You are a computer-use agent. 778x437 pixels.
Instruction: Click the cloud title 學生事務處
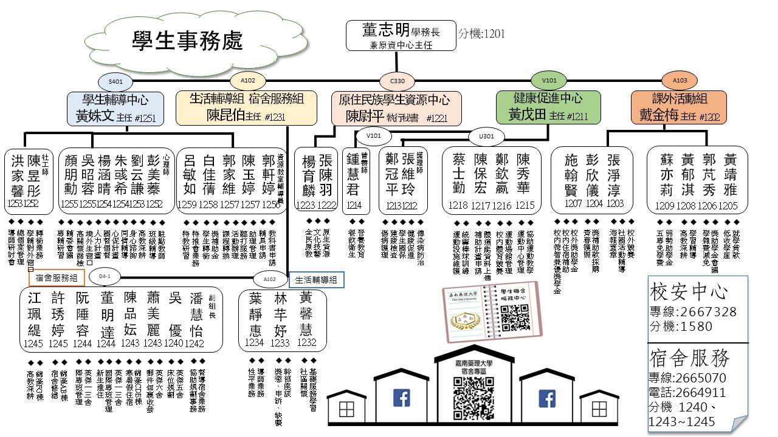pyautogui.click(x=187, y=41)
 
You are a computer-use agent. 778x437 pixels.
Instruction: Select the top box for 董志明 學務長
pyautogui.click(x=401, y=36)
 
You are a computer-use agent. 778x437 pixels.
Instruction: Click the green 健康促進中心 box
pyautogui.click(x=548, y=107)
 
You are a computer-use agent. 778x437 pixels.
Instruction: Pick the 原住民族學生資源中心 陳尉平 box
pyautogui.click(x=396, y=107)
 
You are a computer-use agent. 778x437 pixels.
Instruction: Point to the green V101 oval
pyautogui.click(x=549, y=80)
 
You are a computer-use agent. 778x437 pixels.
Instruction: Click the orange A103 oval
pyautogui.click(x=680, y=80)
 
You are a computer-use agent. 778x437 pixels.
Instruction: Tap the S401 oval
pyautogui.click(x=115, y=81)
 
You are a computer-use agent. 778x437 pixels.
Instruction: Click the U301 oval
pyautogui.click(x=486, y=136)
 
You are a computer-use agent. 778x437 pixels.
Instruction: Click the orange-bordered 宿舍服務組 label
pyautogui.click(x=57, y=278)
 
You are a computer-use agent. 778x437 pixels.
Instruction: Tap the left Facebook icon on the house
pyautogui.click(x=401, y=398)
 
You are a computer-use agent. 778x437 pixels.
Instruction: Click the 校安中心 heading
pyautogui.click(x=689, y=293)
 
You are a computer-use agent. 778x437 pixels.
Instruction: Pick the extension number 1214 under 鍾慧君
pyautogui.click(x=354, y=206)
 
